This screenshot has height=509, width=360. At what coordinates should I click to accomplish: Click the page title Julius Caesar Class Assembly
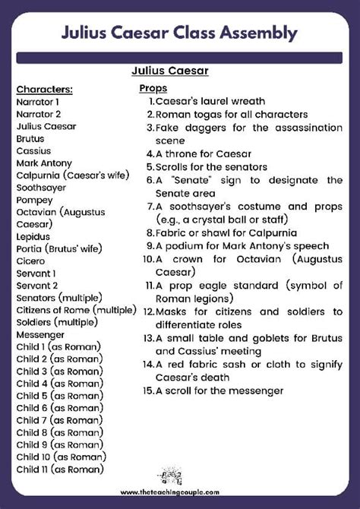pos(179,33)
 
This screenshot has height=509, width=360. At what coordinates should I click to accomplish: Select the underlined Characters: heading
pos(44,88)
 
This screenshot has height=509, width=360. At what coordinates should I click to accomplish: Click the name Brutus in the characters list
pos(30,138)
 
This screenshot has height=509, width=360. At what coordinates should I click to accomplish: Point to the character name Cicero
pos(30,261)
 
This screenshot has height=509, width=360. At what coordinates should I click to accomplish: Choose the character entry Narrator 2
pos(38,113)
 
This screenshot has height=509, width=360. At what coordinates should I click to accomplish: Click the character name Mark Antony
pos(44,163)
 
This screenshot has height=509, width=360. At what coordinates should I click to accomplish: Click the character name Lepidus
pos(33,236)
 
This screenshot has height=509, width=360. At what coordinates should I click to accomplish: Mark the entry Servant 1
pos(36,273)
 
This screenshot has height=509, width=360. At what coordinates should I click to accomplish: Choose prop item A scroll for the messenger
pos(219,390)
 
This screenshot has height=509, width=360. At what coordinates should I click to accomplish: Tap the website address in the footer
pos(179,492)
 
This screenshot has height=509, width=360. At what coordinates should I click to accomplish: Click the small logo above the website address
pos(179,476)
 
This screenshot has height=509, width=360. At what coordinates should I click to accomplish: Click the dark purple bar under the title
pos(179,58)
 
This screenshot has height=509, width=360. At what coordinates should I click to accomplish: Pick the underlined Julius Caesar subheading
pos(169,71)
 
